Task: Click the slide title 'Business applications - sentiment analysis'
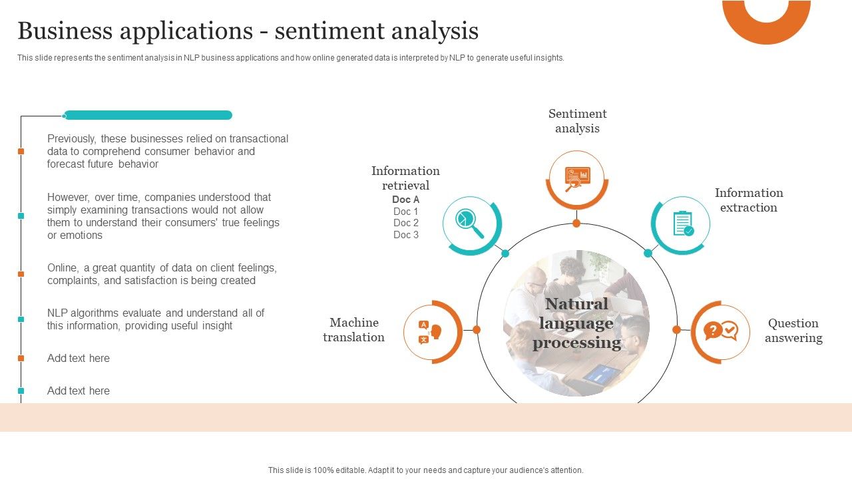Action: coord(248,31)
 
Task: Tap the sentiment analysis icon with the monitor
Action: coord(576,178)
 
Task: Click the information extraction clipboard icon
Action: coord(682,224)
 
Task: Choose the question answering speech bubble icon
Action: coord(720,331)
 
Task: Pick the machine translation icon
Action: coord(431,331)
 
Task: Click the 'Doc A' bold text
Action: coord(405,200)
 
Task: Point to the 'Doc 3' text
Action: coord(405,235)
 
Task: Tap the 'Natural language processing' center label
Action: coord(576,323)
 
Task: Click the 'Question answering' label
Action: coord(793,331)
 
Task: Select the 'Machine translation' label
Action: coord(353,330)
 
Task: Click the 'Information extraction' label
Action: coord(749,200)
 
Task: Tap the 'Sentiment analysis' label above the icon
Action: coord(577,121)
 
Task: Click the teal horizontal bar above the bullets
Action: coord(148,115)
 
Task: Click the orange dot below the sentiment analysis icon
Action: coord(576,224)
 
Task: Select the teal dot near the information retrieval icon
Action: coord(505,253)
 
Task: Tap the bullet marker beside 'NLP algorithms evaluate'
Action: coord(21,319)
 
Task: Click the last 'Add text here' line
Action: coord(79,391)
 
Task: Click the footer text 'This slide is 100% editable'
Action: coord(425,470)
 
